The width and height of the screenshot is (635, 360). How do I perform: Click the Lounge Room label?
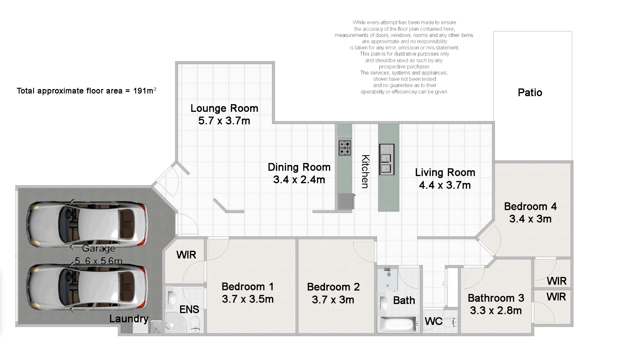(224, 108)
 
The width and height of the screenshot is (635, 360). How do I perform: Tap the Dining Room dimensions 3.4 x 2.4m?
(299, 180)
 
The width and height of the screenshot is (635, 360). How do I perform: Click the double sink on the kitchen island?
(387, 160)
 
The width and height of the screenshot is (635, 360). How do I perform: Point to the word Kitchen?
(365, 171)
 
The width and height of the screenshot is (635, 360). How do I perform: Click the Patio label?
(530, 93)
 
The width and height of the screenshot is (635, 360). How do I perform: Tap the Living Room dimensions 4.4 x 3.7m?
(445, 185)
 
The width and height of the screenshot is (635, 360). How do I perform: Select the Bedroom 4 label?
(530, 206)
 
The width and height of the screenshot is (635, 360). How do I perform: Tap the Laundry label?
(129, 319)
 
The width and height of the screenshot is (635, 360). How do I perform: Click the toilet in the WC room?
(452, 322)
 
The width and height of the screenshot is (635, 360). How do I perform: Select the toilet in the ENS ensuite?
(195, 324)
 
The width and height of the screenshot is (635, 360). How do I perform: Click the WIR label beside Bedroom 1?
(186, 255)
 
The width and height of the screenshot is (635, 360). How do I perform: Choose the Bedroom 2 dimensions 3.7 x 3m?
(333, 300)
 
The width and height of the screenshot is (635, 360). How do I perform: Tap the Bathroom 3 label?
(496, 298)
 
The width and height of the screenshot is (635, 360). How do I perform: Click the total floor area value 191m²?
(144, 91)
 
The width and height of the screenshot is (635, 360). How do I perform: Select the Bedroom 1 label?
(247, 287)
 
